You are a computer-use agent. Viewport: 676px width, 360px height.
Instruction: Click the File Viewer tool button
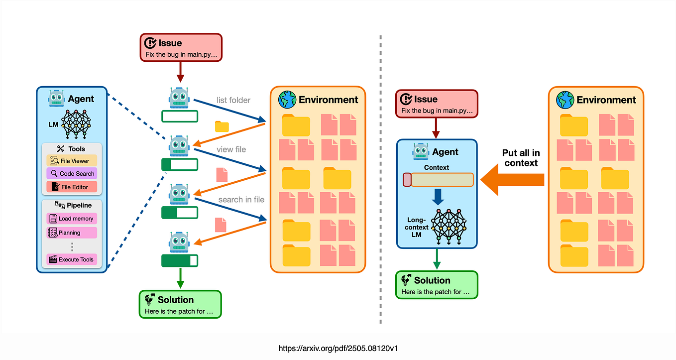tap(72, 161)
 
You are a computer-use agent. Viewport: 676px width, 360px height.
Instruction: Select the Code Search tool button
tap(72, 174)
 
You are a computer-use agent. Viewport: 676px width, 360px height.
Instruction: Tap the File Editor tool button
tap(72, 187)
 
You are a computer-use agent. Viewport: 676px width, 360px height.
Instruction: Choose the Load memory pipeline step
tap(72, 219)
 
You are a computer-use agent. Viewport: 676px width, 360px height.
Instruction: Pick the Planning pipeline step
tap(72, 233)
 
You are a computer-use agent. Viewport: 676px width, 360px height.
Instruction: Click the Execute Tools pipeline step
tap(72, 259)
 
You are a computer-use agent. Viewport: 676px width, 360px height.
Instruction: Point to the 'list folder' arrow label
tap(233, 100)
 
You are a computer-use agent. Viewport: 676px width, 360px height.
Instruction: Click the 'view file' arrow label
tap(231, 149)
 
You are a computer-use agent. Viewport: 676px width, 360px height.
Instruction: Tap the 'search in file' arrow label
tap(241, 200)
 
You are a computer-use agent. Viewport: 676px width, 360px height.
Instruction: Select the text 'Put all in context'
tap(521, 158)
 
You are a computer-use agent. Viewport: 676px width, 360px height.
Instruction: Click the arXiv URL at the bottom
tap(338, 348)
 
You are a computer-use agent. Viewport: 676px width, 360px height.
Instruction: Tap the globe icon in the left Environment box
tap(287, 99)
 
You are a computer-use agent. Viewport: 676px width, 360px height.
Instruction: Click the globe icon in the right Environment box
tap(564, 99)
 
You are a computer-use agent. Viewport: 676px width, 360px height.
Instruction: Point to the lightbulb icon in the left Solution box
tap(149, 300)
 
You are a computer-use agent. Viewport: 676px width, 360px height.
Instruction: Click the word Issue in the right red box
tap(426, 99)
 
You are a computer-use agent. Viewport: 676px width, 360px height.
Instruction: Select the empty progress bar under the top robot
tap(180, 117)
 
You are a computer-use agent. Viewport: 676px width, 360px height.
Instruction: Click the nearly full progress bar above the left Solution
tap(180, 260)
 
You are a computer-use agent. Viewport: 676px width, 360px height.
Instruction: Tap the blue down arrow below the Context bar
tap(437, 196)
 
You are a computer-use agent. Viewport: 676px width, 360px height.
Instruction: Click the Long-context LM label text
tap(417, 227)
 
